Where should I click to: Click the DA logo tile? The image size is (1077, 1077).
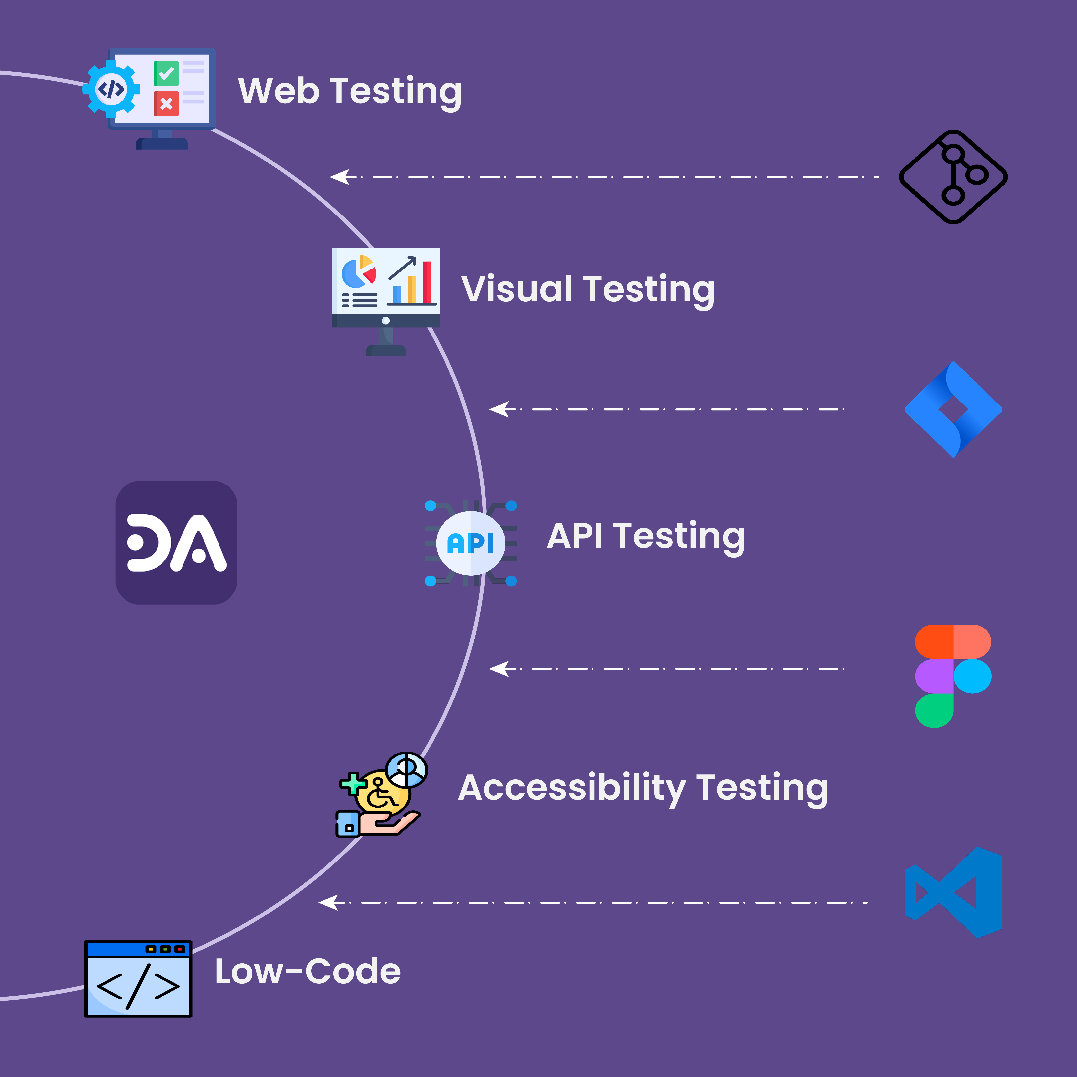(x=176, y=542)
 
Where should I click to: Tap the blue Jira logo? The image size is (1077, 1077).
(x=953, y=409)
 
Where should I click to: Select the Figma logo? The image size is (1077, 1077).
(x=953, y=676)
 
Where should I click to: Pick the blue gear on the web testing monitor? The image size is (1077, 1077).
(x=111, y=89)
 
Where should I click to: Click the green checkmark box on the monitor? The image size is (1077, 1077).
(x=166, y=73)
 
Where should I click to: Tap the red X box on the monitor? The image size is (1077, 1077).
(x=166, y=104)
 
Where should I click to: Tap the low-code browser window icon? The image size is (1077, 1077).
(x=138, y=979)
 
